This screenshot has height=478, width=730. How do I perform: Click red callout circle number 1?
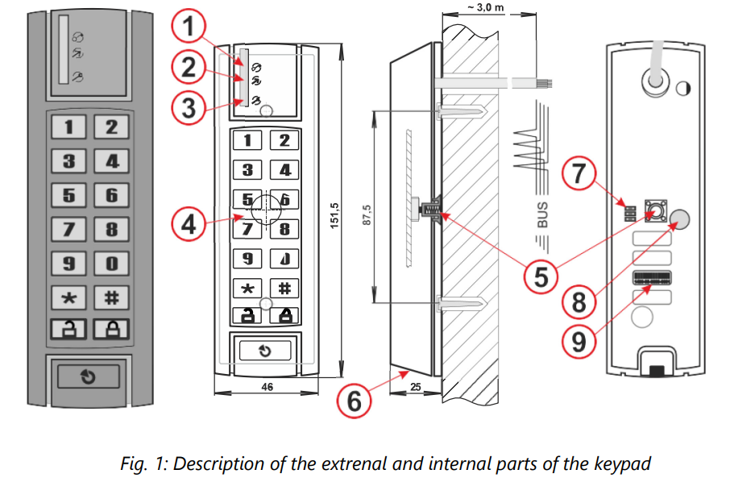tap(189, 26)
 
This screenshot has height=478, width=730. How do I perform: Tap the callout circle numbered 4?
tap(189, 224)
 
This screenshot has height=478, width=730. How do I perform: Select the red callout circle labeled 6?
tap(354, 400)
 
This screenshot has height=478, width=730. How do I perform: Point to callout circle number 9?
tap(579, 341)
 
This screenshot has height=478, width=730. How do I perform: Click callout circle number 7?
tap(579, 173)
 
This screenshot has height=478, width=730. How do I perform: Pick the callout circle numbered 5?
tap(541, 276)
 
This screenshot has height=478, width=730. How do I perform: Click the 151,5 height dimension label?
tap(334, 215)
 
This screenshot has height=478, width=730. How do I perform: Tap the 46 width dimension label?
tap(268, 387)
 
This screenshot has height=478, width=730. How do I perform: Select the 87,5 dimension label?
tap(367, 214)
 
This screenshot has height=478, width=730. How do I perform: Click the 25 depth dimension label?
tap(416, 387)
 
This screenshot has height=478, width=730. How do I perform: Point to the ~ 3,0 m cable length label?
tap(486, 7)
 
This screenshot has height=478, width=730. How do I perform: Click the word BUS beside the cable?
tap(542, 214)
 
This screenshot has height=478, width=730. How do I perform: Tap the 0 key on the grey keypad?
tap(111, 264)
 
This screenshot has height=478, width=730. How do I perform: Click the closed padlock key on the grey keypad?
tap(111, 329)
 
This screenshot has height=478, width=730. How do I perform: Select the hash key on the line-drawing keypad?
tap(284, 289)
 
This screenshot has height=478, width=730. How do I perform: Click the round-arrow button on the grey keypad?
tap(88, 376)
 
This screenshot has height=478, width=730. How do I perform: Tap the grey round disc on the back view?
tap(679, 219)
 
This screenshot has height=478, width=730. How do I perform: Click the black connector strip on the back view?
tap(652, 278)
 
